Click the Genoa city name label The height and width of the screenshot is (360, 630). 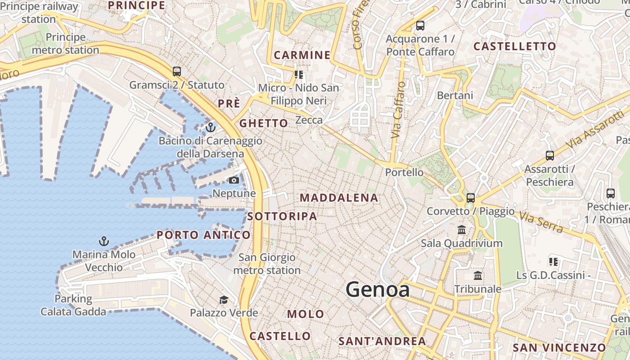[378, 289]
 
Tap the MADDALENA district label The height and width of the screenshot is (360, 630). [339, 198]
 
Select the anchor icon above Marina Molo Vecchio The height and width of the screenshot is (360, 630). [104, 242]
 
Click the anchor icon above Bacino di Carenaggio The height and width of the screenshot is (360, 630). [210, 128]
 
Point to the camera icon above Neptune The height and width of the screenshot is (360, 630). [234, 180]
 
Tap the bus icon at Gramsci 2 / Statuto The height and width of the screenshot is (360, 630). [177, 72]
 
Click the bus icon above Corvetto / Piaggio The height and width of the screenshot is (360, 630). [471, 198]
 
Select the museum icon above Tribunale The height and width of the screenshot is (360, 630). [478, 275]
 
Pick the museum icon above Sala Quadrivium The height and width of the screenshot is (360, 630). [462, 230]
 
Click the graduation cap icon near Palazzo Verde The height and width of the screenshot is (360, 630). [224, 300]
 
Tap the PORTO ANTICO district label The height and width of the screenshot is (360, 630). [203, 235]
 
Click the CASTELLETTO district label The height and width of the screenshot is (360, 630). [515, 46]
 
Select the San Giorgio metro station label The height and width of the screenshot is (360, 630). [267, 264]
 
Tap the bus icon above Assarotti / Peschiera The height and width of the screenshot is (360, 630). [549, 156]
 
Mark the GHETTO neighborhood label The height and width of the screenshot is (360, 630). [263, 123]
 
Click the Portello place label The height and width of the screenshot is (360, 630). [404, 172]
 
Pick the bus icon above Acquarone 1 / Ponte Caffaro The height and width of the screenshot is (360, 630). [420, 26]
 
